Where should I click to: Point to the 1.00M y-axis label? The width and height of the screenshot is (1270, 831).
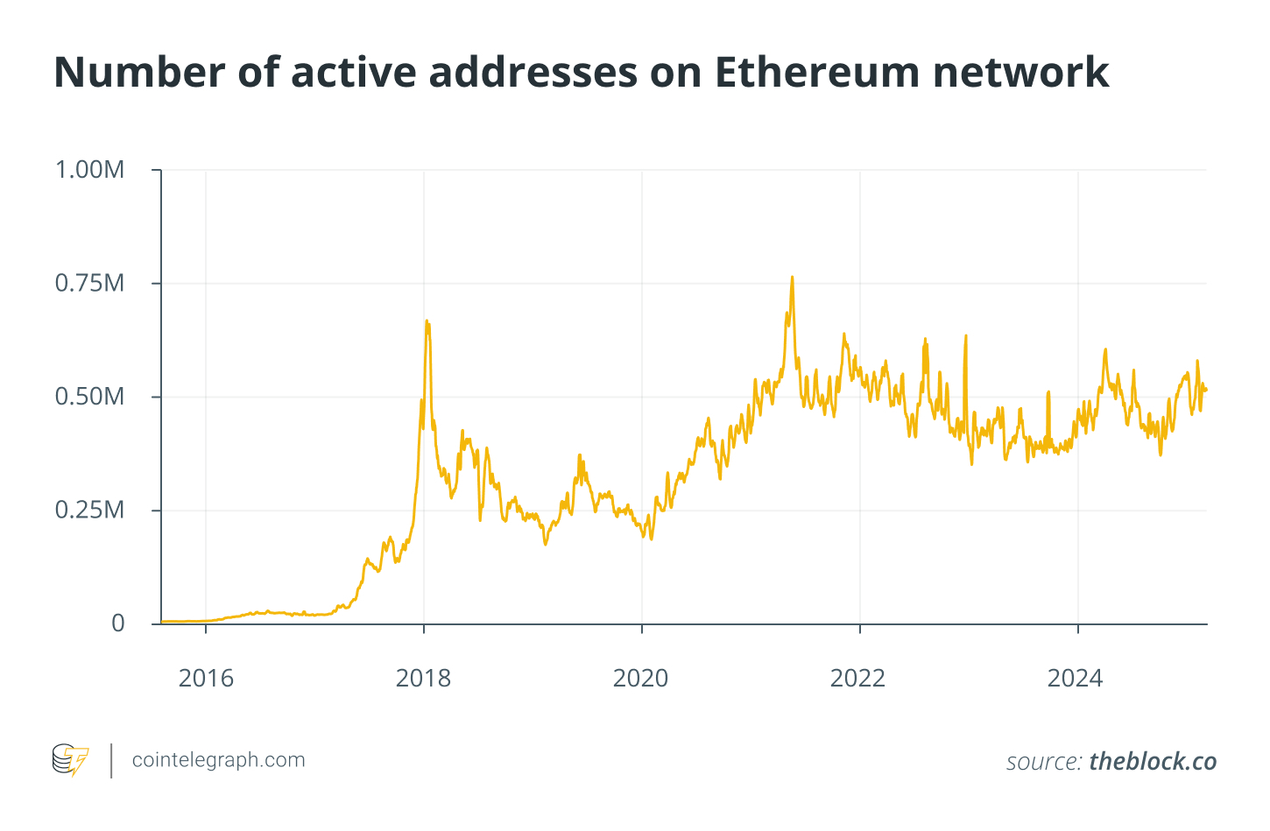[x=89, y=170]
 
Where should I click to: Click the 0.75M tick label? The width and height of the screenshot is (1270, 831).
[x=89, y=284]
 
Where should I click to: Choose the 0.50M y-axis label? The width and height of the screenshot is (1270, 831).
[x=89, y=397]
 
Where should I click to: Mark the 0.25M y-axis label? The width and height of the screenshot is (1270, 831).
[x=89, y=511]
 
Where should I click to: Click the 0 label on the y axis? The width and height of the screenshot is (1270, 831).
[x=118, y=623]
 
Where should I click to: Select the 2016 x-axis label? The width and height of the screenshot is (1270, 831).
[x=206, y=679]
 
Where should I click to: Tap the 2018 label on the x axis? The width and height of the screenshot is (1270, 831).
[x=423, y=679]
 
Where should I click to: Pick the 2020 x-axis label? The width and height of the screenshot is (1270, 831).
[x=640, y=679]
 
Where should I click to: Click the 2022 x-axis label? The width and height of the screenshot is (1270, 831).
[x=857, y=679]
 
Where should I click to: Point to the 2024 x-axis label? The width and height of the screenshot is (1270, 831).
[x=1075, y=679]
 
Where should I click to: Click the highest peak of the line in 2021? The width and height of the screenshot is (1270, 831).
[x=792, y=278]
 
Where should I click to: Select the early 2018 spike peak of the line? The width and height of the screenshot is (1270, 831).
[x=427, y=321]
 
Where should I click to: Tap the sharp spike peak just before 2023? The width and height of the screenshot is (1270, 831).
[x=965, y=335]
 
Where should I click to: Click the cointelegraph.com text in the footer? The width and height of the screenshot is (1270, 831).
[x=218, y=760]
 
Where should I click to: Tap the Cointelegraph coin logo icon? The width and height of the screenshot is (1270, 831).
[x=70, y=760]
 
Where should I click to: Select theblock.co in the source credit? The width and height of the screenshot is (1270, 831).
[x=1153, y=762]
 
